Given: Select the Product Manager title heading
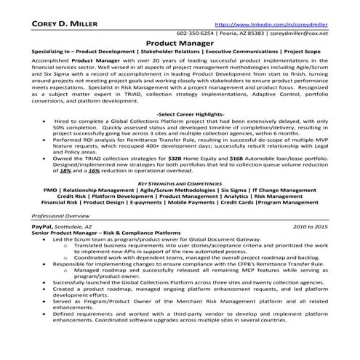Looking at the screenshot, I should [x=179, y=43].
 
